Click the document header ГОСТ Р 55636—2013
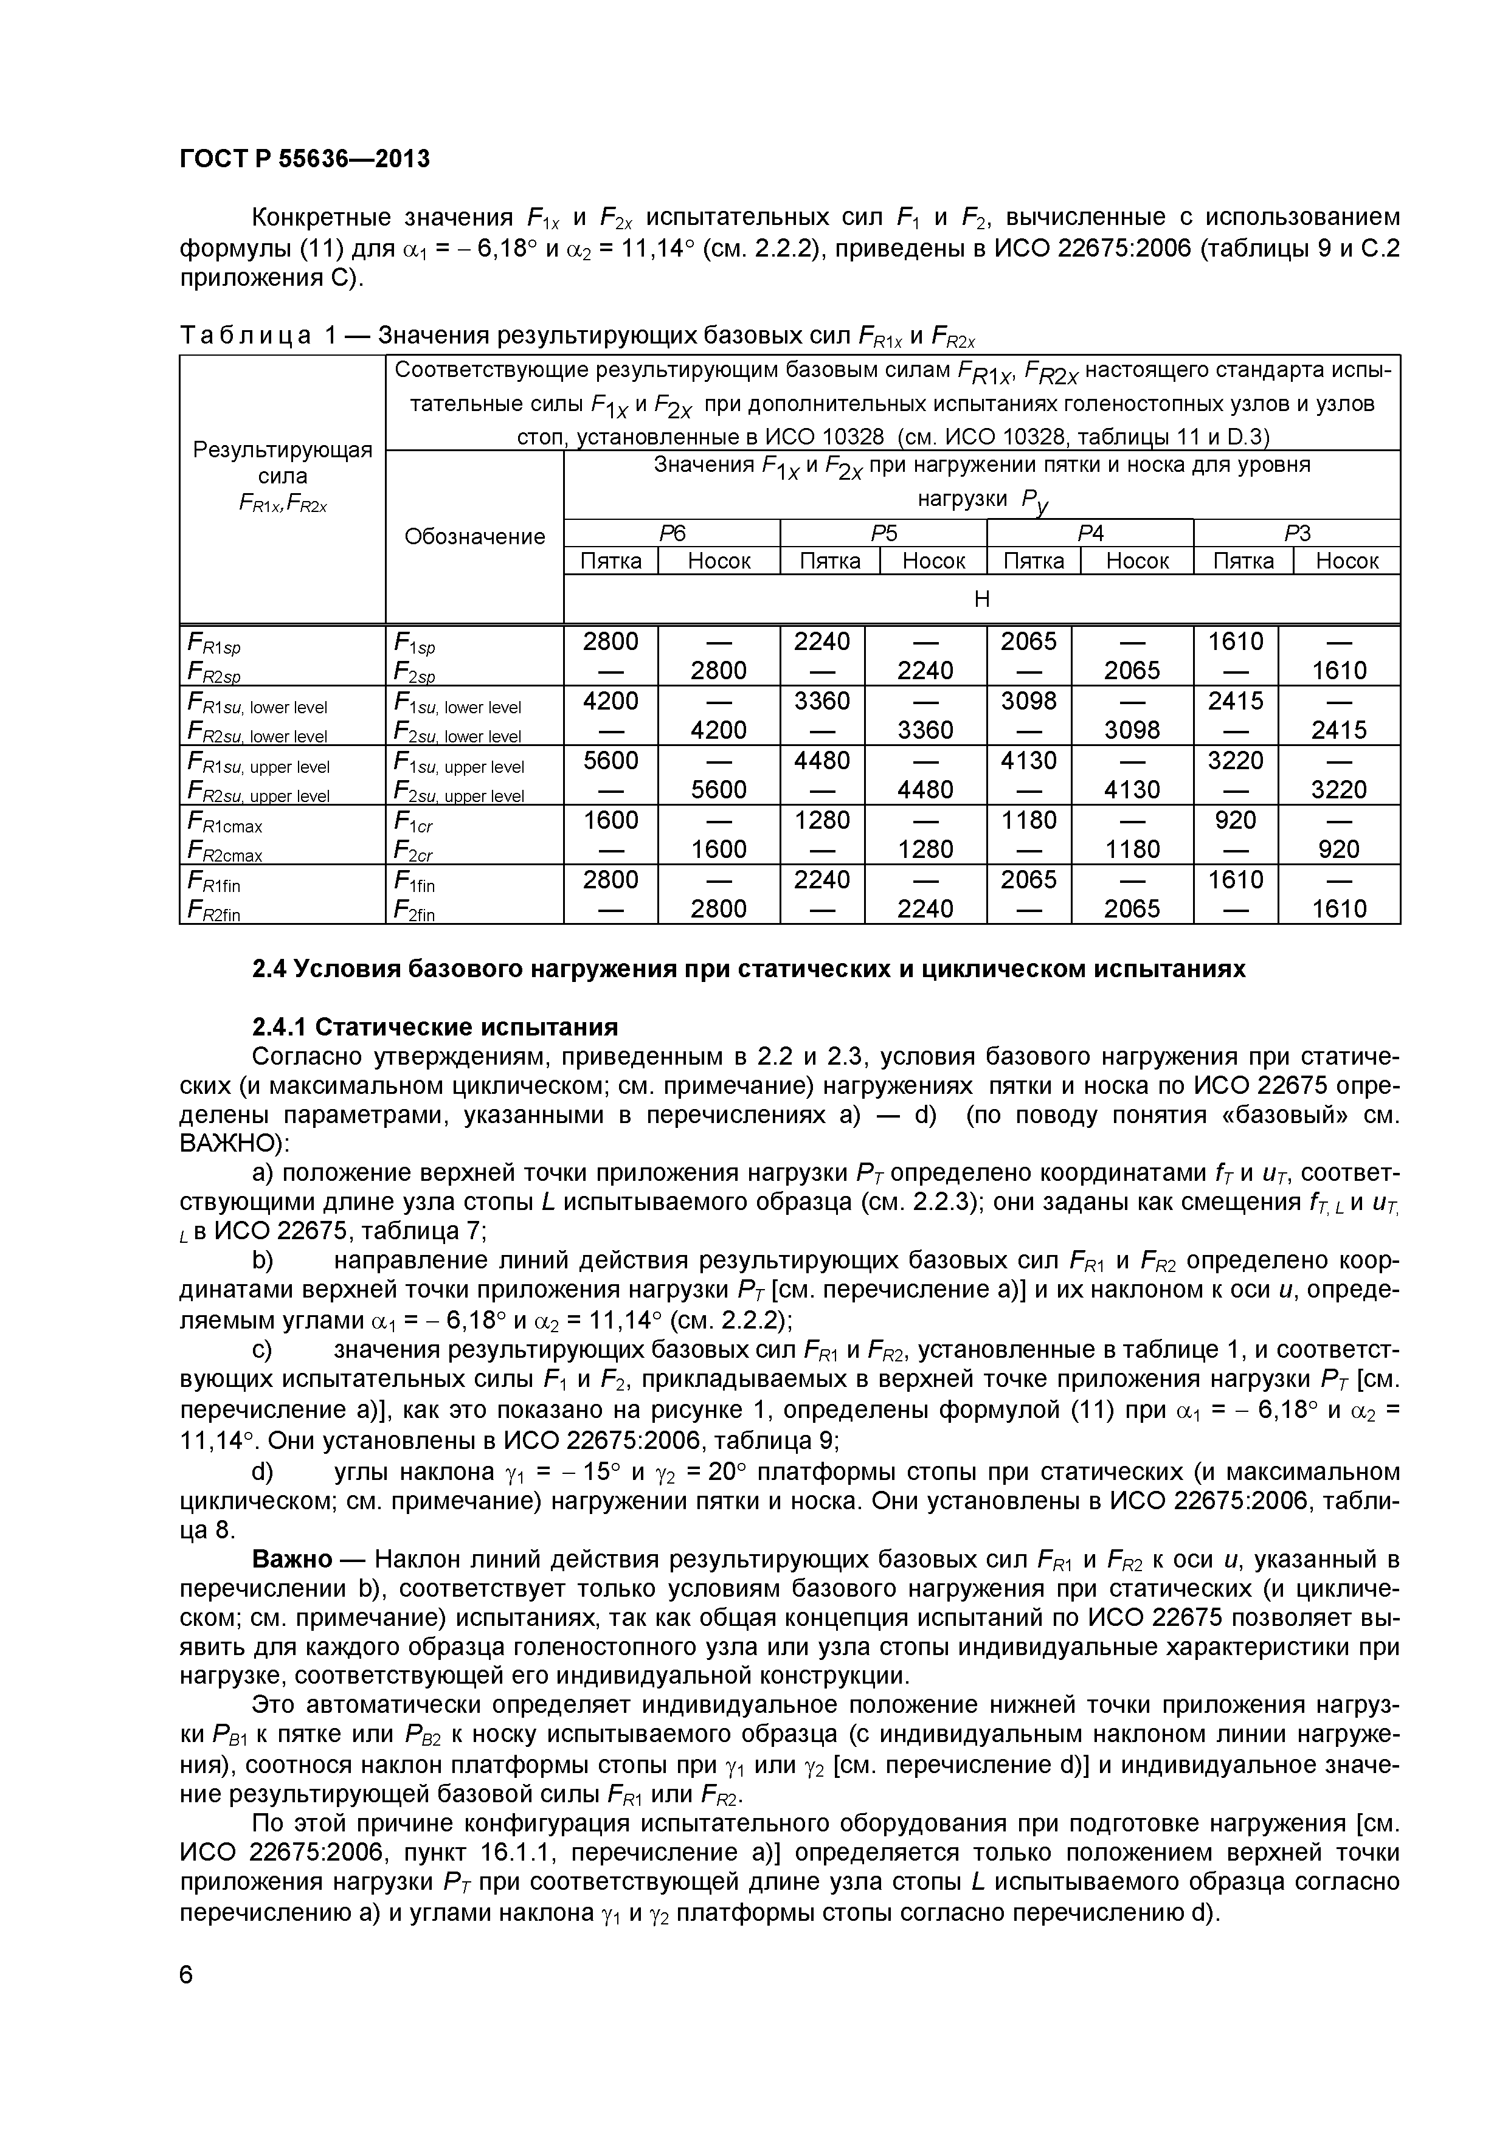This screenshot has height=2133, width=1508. pyautogui.click(x=305, y=159)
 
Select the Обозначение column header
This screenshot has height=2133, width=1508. pyautogui.click(x=474, y=537)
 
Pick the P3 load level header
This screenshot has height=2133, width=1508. pyautogui.click(x=1296, y=533)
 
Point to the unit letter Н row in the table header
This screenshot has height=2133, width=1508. pyautogui.click(x=981, y=600)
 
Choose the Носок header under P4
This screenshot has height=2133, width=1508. pyautogui.click(x=1136, y=561)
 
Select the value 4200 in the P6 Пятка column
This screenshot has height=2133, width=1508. pyautogui.click(x=610, y=700)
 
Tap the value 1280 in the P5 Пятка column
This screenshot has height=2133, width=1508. pyautogui.click(x=821, y=820)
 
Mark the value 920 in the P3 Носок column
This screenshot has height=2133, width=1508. pyautogui.click(x=1339, y=848)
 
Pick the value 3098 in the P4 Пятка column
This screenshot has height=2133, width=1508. pyautogui.click(x=1029, y=700)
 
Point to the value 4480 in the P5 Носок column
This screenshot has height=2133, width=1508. pyautogui.click(x=925, y=789)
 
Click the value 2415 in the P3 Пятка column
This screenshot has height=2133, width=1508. pyautogui.click(x=1236, y=700)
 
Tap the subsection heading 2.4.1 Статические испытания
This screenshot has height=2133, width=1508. pyautogui.click(x=435, y=1026)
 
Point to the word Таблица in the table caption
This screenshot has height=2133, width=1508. pyautogui.click(x=245, y=336)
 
